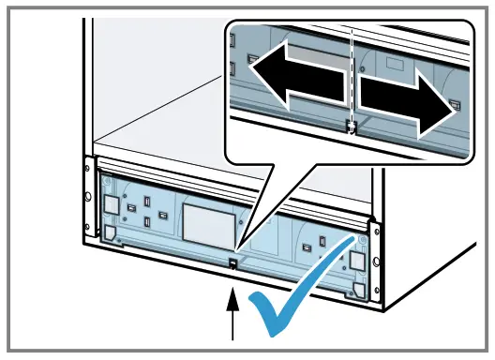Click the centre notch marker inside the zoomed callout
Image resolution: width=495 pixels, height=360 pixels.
click(351, 128)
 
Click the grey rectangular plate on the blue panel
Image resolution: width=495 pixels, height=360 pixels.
click(205, 223)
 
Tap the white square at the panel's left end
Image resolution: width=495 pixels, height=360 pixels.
click(112, 203)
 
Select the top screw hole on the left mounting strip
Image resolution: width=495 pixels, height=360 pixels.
click(88, 171)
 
